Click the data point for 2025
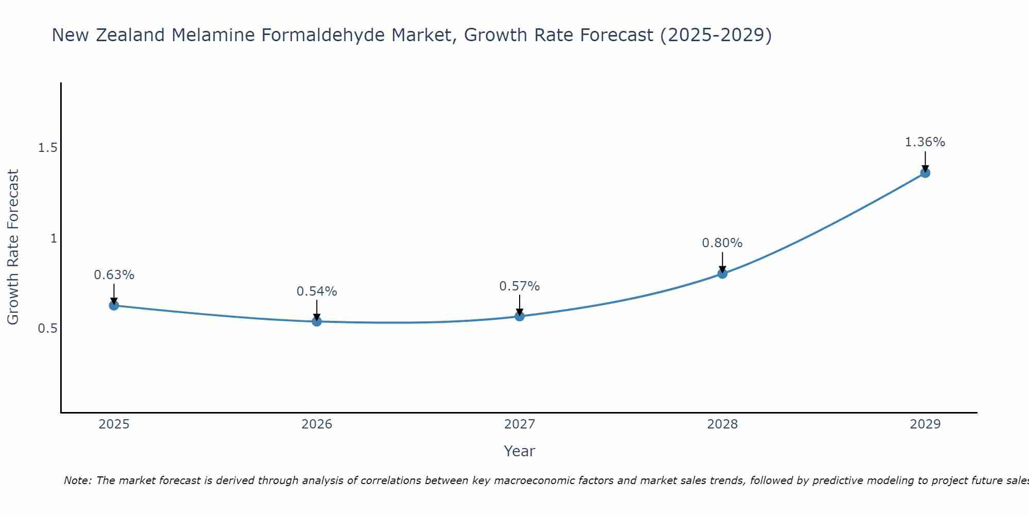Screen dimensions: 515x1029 pyautogui.click(x=114, y=305)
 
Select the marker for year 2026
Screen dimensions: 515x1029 pyautogui.click(x=317, y=321)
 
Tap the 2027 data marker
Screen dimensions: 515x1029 pyautogui.click(x=520, y=316)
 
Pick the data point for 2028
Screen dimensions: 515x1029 pyautogui.click(x=722, y=273)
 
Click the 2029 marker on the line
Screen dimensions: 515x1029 pyautogui.click(x=925, y=173)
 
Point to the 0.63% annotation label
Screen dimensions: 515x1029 pyautogui.click(x=114, y=275)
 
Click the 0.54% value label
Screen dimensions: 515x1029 pyautogui.click(x=317, y=291)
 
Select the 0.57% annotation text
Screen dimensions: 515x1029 pyautogui.click(x=520, y=286)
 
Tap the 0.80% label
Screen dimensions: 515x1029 pyautogui.click(x=722, y=243)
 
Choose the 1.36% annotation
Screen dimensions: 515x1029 pyautogui.click(x=925, y=142)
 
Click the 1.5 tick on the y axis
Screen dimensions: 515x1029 pyautogui.click(x=47, y=148)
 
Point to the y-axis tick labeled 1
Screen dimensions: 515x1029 pyautogui.click(x=53, y=238)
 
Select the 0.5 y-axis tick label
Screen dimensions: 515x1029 pyautogui.click(x=47, y=329)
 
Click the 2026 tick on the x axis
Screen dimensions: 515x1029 pyautogui.click(x=317, y=424)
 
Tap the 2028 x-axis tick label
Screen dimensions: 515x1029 pyautogui.click(x=722, y=424)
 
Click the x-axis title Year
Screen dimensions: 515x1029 pyautogui.click(x=520, y=451)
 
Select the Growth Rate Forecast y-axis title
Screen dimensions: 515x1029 pyautogui.click(x=13, y=247)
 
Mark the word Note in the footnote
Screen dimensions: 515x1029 pyautogui.click(x=77, y=480)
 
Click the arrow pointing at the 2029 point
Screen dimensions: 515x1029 pyautogui.click(x=925, y=161)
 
